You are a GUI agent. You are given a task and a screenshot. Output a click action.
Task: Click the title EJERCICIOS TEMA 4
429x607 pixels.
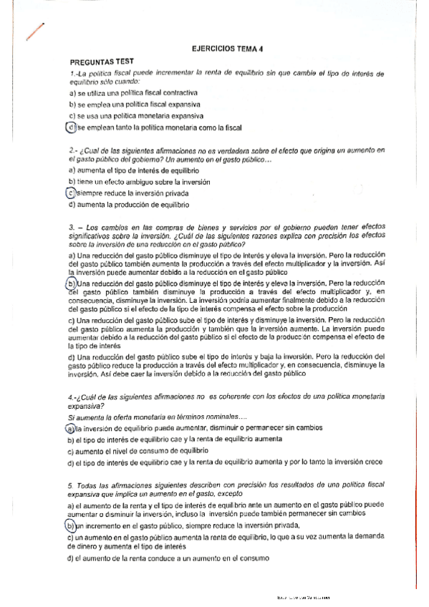tap(228, 49)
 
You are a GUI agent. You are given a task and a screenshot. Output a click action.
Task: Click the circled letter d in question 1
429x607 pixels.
tap(69, 127)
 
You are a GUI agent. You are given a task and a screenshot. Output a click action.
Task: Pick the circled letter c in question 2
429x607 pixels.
tap(71, 193)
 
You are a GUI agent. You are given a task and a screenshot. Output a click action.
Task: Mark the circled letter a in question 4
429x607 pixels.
tap(69, 427)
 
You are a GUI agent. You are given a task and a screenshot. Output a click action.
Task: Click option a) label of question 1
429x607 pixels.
tap(72, 92)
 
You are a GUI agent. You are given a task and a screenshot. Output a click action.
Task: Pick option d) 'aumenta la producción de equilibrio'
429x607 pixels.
tap(128, 205)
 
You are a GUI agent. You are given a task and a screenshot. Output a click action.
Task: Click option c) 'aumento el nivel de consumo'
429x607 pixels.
tap(137, 452)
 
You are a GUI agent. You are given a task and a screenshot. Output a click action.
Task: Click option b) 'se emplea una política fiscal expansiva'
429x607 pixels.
tap(133, 104)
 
